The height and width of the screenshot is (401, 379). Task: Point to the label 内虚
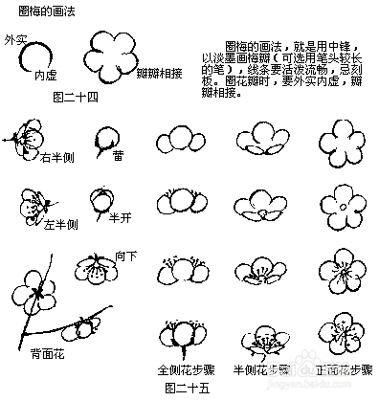[x=46, y=75]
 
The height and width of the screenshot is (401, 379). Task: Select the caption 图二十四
[x=77, y=96]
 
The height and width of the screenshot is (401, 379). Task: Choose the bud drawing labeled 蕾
[x=101, y=143]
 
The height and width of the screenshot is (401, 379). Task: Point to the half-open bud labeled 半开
[x=100, y=202]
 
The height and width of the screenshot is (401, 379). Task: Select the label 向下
[x=126, y=256]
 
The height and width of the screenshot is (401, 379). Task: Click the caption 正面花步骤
[x=340, y=369]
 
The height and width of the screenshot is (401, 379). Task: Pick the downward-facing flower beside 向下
[x=94, y=271]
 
